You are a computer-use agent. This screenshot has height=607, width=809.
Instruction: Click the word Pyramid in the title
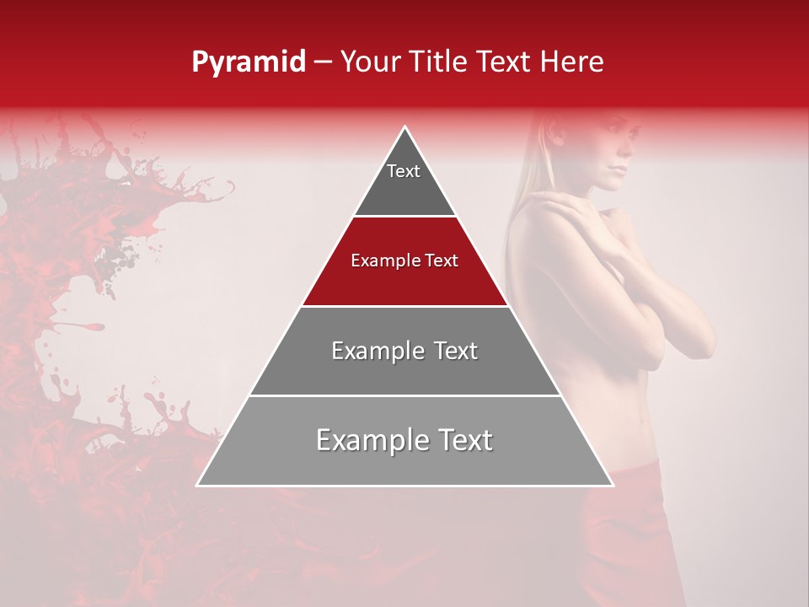(248, 62)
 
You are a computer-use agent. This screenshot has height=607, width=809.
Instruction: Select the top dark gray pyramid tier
(404, 185)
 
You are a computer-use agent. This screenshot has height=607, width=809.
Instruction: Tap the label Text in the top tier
(404, 171)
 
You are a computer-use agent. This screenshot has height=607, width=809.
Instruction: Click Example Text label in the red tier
(404, 261)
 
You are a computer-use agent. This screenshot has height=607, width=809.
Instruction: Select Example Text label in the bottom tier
(404, 440)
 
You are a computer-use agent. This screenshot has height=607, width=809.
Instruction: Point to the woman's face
(612, 152)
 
